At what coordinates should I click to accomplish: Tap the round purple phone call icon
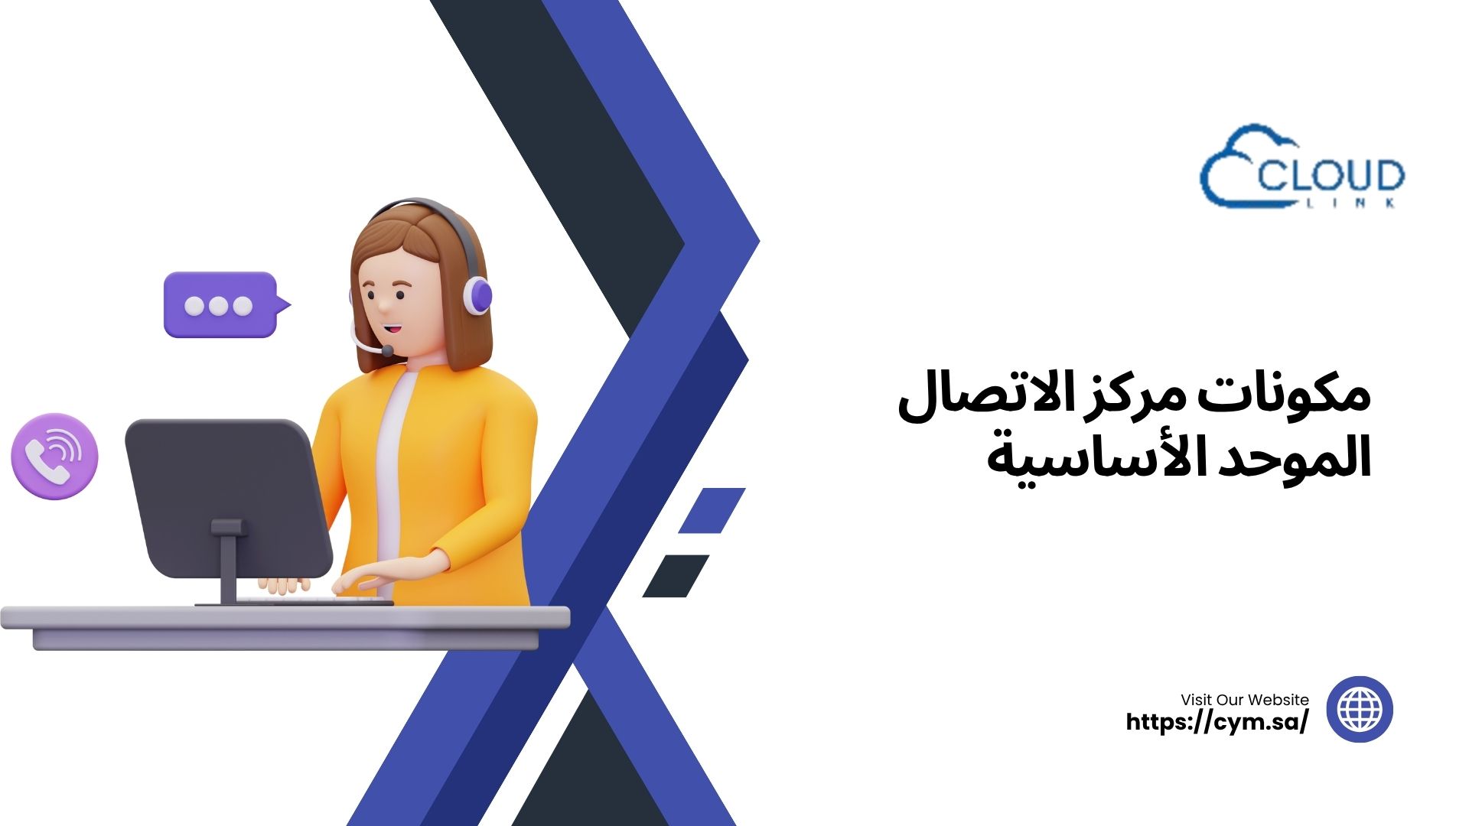pos(54,457)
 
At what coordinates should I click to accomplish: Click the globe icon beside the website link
pos(1360,709)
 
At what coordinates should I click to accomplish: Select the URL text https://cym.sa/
pos(1217,721)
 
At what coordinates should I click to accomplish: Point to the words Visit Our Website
pos(1245,699)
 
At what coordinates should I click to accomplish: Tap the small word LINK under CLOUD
pos(1347,203)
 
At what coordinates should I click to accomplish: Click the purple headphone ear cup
pos(478,295)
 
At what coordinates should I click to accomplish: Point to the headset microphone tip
pos(387,351)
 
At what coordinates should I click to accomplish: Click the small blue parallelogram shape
pos(712,510)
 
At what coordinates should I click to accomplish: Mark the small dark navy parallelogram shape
pos(676,576)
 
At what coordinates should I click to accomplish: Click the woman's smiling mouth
pos(392,329)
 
